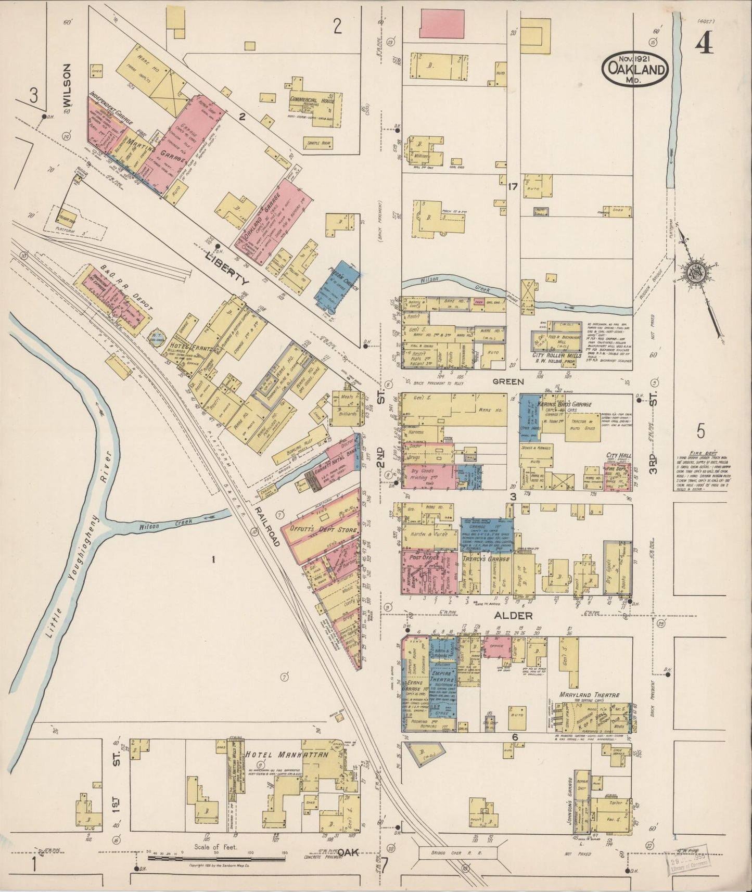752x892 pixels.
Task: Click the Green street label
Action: [x=508, y=381]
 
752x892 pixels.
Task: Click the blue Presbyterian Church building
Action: [x=337, y=284]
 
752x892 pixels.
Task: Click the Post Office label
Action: [x=422, y=557]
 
